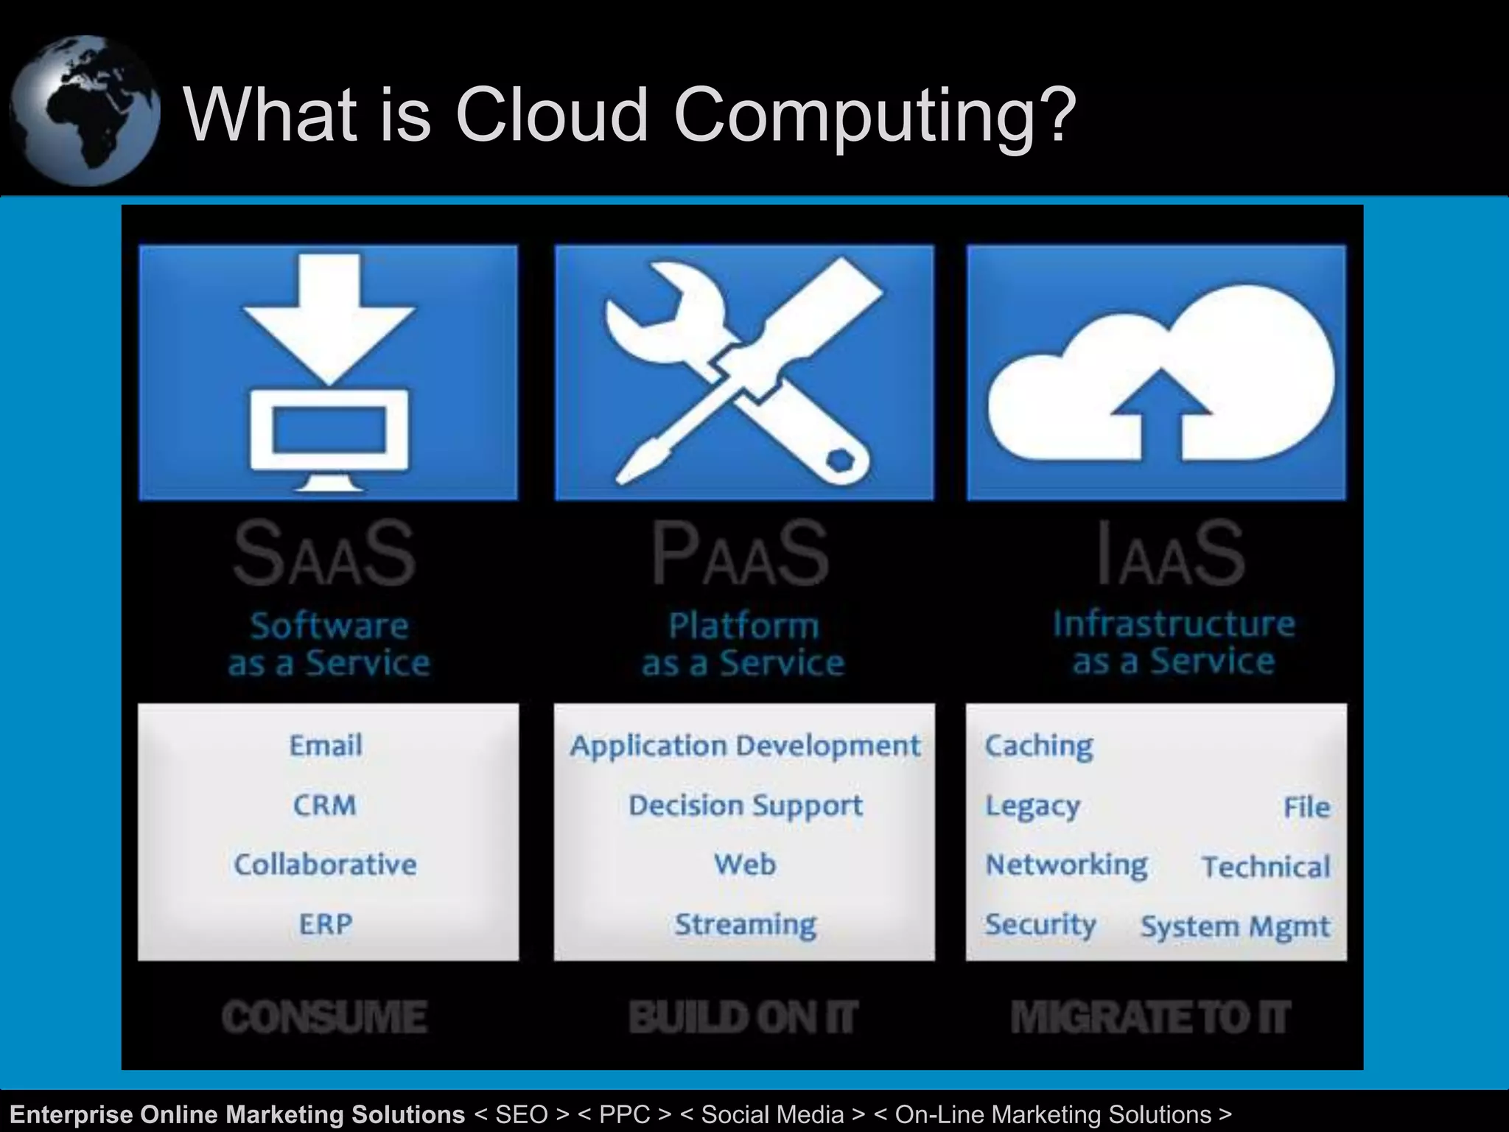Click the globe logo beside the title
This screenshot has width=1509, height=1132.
(85, 111)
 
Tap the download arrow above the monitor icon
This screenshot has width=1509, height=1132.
(329, 317)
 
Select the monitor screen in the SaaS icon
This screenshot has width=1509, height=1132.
(329, 430)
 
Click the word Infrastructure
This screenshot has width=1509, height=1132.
(1174, 624)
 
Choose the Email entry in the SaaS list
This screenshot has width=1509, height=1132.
(326, 746)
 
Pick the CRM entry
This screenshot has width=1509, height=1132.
(325, 805)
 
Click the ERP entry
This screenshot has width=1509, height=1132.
(326, 924)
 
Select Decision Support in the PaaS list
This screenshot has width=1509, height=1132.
(745, 806)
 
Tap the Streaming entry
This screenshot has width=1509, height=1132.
(746, 924)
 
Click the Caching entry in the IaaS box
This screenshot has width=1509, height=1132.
(1039, 746)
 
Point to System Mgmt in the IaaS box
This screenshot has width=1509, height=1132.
(1236, 926)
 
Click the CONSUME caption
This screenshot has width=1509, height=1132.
(325, 1017)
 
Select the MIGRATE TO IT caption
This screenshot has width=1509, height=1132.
(1151, 1017)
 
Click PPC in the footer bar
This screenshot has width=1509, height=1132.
(624, 1114)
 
